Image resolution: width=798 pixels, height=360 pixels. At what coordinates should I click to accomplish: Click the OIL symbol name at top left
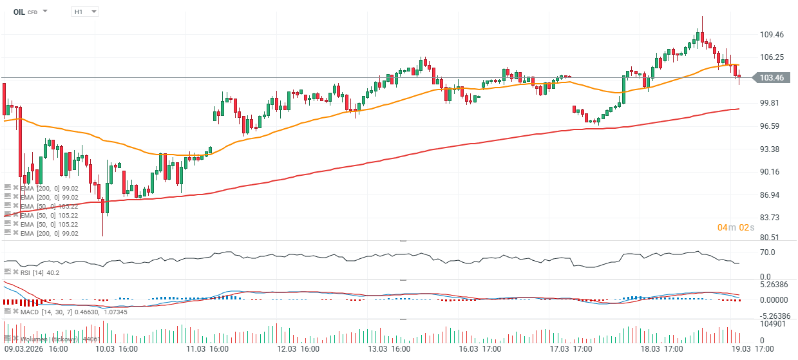tap(19, 12)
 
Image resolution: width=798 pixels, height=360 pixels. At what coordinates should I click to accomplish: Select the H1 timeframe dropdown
tap(84, 12)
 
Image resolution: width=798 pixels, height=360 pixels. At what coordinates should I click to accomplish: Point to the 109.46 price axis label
tap(773, 35)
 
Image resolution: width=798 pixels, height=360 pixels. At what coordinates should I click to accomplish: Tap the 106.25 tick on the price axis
tap(773, 57)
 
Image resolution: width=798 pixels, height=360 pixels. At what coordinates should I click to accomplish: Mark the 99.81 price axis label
tap(771, 103)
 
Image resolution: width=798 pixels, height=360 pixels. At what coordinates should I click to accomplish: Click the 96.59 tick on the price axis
tap(771, 126)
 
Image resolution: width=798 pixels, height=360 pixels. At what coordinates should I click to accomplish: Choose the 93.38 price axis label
tap(771, 149)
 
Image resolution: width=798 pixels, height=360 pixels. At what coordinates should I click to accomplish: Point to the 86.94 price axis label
tap(771, 195)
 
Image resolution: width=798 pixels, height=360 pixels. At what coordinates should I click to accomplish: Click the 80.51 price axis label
tap(771, 238)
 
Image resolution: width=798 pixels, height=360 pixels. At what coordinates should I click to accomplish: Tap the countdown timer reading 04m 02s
tap(736, 227)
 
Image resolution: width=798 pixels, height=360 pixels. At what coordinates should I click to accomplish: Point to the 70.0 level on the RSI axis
tap(767, 252)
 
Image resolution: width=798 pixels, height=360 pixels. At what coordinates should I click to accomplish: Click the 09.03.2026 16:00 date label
tap(35, 349)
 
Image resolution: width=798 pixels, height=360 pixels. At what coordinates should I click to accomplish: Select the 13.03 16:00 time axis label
tap(390, 349)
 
